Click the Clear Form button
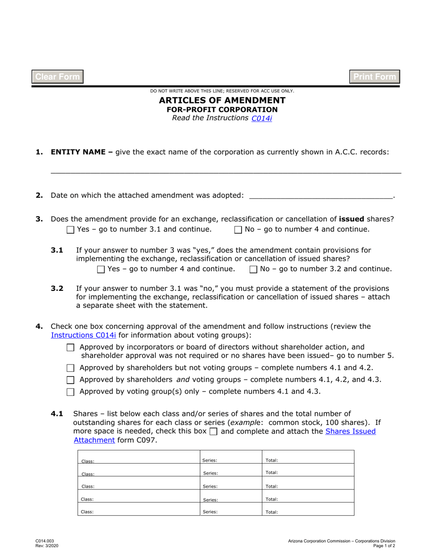pyautogui.click(x=57, y=77)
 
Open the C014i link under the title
pyautogui.click(x=261, y=118)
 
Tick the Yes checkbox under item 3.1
pyautogui.click(x=101, y=270)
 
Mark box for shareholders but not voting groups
pyautogui.click(x=70, y=369)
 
